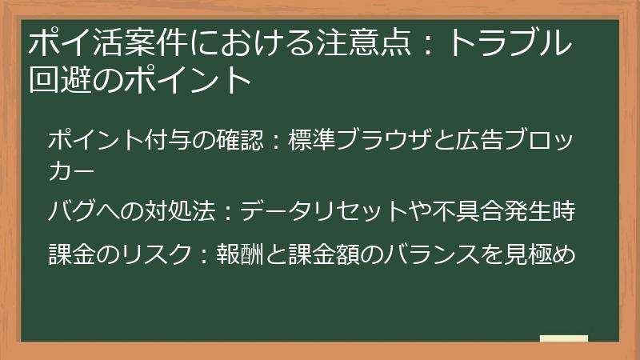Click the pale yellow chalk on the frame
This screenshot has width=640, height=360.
click(564, 338)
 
